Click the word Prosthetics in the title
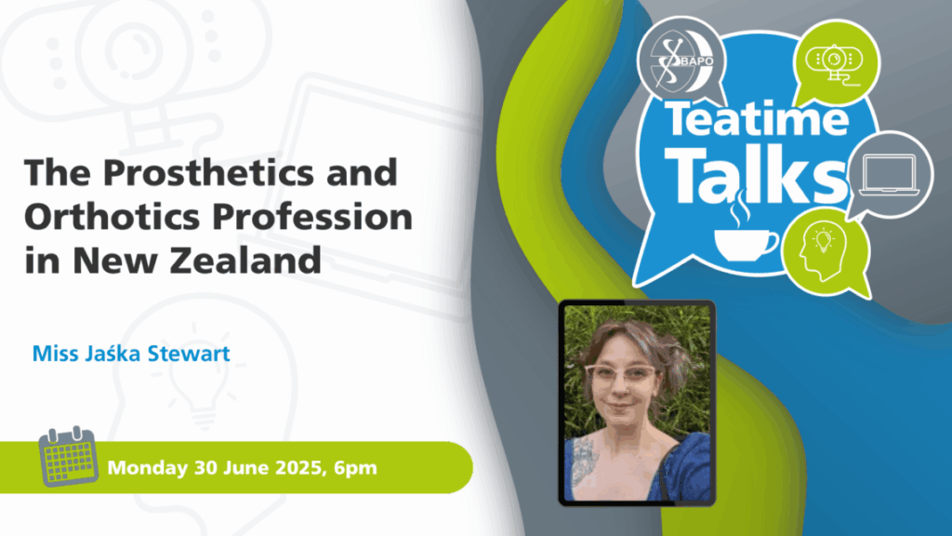pyautogui.click(x=208, y=172)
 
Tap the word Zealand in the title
pyautogui.click(x=245, y=260)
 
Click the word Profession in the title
pyautogui.click(x=313, y=216)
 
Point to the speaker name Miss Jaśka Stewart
pyautogui.click(x=131, y=353)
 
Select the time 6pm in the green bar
pyautogui.click(x=355, y=468)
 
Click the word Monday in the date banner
pyautogui.click(x=148, y=468)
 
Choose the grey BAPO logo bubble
pyautogui.click(x=681, y=61)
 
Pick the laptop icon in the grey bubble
pyautogui.click(x=889, y=176)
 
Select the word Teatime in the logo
pyautogui.click(x=757, y=119)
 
